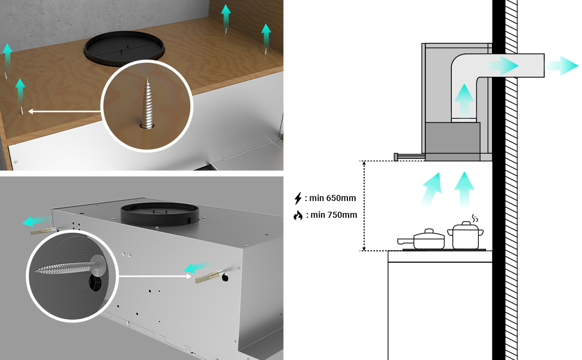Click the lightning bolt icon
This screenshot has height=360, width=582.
coord(298,198)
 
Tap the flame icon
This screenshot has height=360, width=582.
coord(298,215)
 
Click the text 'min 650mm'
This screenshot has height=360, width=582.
coord(332,198)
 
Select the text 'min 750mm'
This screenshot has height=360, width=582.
coord(334,215)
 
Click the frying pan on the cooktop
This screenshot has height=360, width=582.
coord(421,239)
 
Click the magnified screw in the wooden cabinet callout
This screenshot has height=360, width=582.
coord(148,104)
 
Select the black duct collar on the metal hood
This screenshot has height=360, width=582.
coord(160,214)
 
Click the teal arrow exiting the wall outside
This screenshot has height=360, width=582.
coord(561,65)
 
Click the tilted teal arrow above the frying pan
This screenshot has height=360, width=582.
coord(432,189)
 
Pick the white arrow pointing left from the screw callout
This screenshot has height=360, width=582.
coord(64,111)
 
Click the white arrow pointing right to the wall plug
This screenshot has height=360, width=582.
coord(155,276)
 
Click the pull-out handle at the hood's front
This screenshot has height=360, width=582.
coord(409,157)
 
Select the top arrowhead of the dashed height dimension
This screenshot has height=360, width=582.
coord(364,164)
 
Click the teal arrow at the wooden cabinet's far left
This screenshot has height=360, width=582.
coord(7,55)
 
